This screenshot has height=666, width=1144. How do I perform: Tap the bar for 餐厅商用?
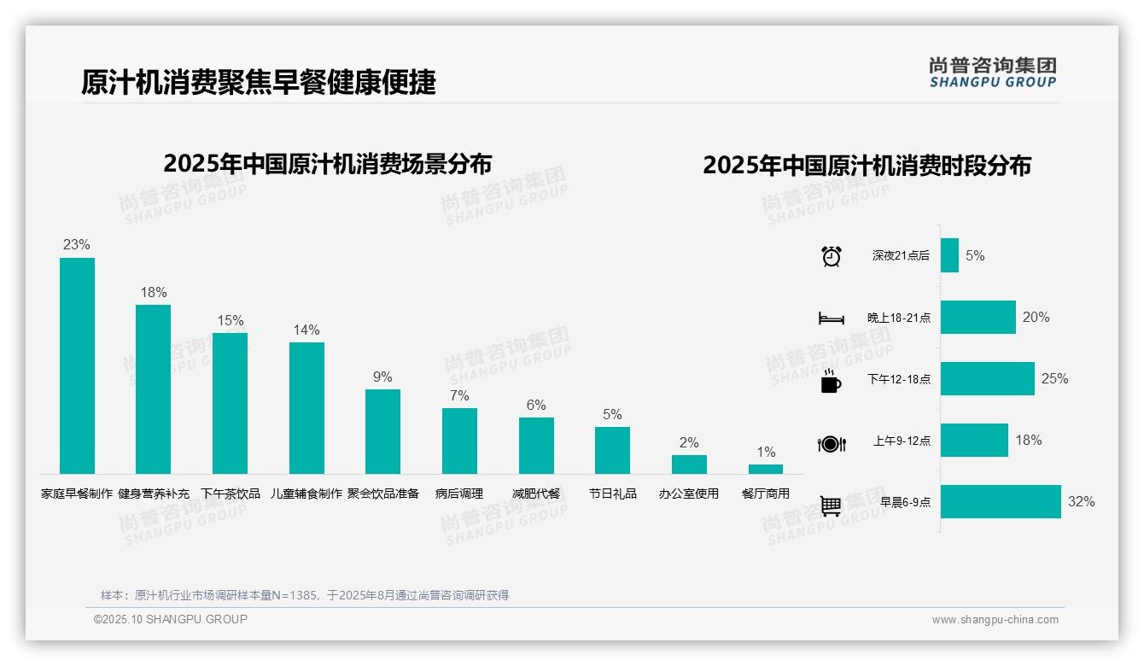click(766, 469)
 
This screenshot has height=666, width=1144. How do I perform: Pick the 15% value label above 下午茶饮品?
click(230, 321)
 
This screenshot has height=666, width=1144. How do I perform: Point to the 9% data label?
click(382, 377)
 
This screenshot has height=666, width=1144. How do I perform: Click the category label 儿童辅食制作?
click(306, 494)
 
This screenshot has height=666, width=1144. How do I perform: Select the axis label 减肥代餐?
click(536, 494)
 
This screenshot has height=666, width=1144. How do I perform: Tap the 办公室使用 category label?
click(689, 494)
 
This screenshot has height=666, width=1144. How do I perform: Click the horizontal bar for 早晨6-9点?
click(1001, 502)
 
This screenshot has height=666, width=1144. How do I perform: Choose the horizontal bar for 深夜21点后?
click(949, 255)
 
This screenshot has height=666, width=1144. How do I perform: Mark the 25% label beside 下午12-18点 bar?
click(1054, 379)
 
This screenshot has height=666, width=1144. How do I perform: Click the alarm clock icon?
click(831, 255)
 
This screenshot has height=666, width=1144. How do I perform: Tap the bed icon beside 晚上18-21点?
click(831, 318)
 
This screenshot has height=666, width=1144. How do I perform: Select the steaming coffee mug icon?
click(831, 380)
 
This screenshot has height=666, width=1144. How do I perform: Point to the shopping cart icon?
click(831, 505)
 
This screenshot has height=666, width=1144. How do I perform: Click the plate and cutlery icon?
click(831, 443)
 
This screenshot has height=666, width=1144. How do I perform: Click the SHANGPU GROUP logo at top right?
click(992, 73)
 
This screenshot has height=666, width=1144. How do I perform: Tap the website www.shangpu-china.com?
click(995, 620)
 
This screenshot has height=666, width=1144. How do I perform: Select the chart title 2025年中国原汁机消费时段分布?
click(867, 166)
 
